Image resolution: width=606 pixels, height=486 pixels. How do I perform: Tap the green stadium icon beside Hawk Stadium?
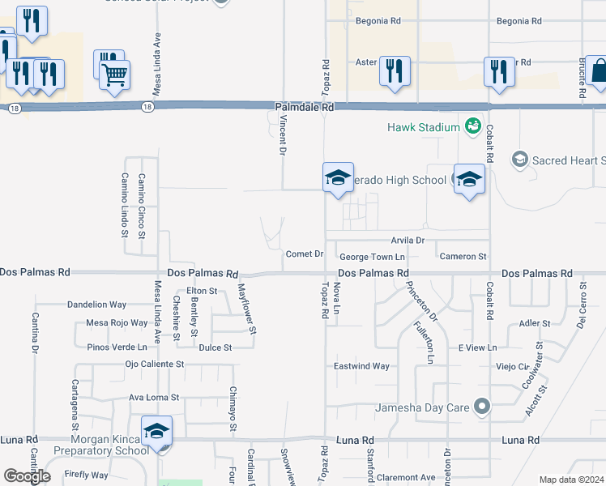472,126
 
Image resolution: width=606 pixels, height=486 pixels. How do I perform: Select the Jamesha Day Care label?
422,407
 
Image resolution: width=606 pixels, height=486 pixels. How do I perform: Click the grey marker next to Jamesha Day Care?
483,407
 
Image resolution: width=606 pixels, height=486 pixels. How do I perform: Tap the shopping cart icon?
115,74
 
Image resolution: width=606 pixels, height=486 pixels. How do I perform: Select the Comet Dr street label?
305,254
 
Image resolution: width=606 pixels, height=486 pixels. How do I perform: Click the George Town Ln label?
372,258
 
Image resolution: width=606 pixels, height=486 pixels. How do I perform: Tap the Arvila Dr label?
408,241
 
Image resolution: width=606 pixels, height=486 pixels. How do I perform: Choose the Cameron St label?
463,257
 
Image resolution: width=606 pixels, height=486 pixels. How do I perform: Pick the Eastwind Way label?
362,367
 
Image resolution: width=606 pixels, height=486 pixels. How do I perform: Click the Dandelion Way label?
96,305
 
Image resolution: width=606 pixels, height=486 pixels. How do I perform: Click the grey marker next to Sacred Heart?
519,160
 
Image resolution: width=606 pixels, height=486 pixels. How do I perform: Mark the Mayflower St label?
246,309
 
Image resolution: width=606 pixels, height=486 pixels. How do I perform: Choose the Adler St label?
535,323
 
